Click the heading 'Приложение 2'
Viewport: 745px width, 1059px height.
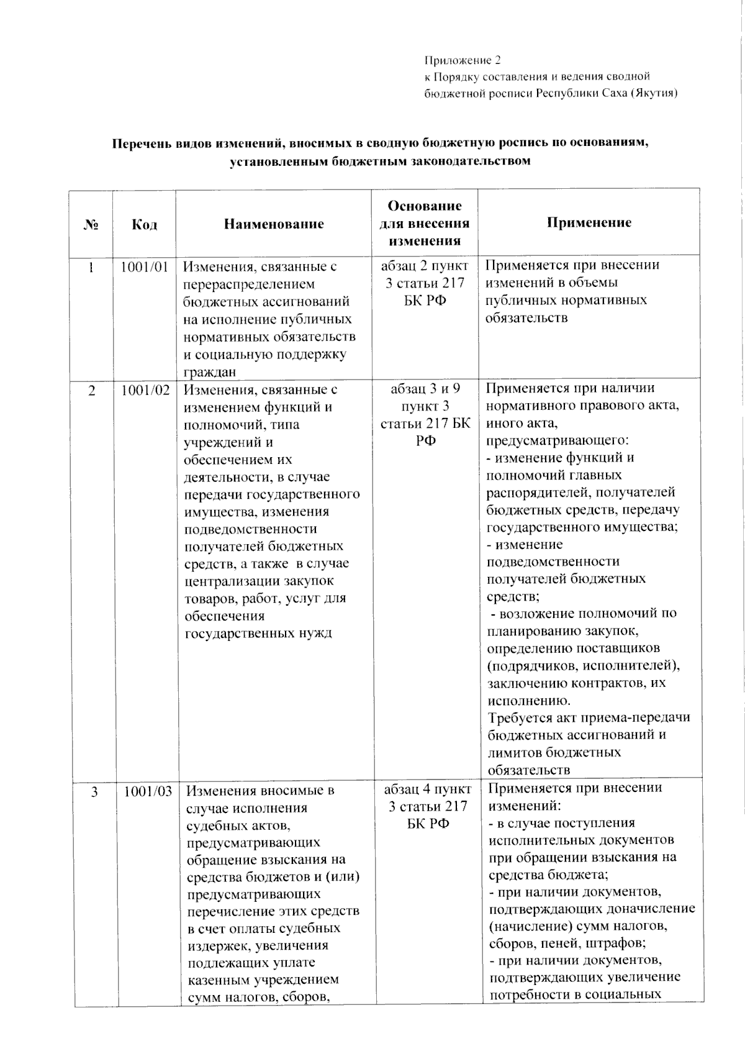463,60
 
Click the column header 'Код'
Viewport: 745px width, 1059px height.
144,224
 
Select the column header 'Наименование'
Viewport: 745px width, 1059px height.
274,224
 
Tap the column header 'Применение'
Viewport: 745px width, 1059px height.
589,222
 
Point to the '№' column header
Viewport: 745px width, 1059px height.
91,224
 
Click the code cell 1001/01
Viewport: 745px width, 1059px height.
144,267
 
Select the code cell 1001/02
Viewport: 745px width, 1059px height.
145,390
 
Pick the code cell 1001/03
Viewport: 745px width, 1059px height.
148,791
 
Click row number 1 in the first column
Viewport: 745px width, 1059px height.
91,267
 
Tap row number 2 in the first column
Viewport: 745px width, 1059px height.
92,390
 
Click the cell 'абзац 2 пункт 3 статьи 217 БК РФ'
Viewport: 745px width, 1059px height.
425,283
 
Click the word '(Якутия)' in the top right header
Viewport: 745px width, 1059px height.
652,93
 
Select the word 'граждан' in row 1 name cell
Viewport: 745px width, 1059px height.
209,372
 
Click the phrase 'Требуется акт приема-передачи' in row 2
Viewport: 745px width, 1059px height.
589,717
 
